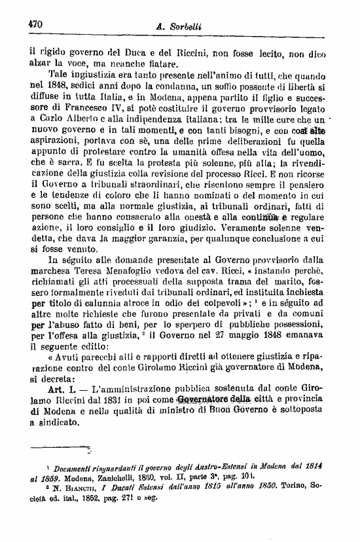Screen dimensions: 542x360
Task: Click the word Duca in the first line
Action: pyautogui.click(x=137, y=50)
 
